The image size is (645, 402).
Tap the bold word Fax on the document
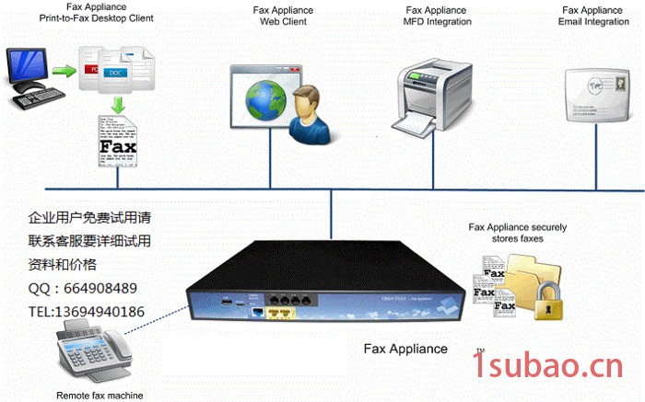pos(118,146)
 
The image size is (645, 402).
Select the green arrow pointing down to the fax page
pos(117,104)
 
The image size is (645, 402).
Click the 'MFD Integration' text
pos(438,21)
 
